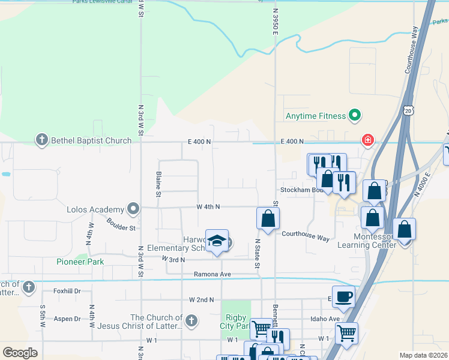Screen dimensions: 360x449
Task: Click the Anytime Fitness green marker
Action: tap(355, 116)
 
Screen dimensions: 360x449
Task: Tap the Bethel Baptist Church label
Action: tap(91, 141)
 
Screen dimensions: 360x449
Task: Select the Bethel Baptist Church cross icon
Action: tap(41, 141)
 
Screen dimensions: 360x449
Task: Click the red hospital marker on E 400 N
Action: tap(367, 140)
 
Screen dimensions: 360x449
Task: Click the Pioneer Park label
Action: tap(80, 262)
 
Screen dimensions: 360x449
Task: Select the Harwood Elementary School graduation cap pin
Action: tap(217, 241)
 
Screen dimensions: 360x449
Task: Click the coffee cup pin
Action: tap(343, 296)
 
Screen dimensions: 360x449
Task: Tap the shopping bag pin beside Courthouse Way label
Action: tap(268, 219)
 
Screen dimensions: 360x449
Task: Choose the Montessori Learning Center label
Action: tap(366, 240)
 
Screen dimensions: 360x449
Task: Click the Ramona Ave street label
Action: tap(212, 274)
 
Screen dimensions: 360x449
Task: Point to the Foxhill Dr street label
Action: tap(67, 291)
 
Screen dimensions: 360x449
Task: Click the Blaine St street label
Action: tap(158, 184)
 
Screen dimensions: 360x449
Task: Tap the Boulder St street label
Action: tap(121, 223)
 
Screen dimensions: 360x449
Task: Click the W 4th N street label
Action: tap(208, 206)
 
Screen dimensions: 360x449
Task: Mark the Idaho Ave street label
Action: tap(325, 319)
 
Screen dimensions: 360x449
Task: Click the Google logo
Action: tap(20, 352)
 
